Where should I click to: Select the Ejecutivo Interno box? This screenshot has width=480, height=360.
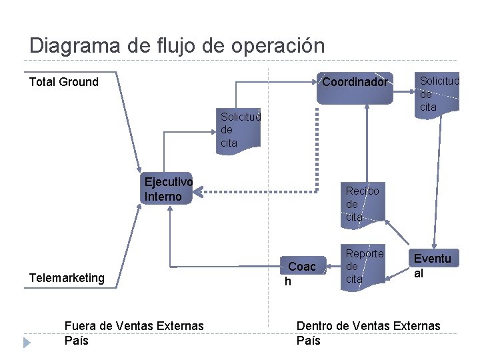(168, 189)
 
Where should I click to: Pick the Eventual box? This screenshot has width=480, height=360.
(432, 265)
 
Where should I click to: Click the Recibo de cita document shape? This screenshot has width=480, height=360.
(362, 203)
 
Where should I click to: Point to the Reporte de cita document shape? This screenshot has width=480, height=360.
(364, 266)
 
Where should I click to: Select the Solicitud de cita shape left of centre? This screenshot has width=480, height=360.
(239, 129)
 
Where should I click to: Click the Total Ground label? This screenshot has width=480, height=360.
(64, 82)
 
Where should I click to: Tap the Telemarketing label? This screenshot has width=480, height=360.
(67, 277)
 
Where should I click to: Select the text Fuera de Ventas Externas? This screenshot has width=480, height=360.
(134, 325)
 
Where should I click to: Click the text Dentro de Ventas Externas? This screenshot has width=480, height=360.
(368, 325)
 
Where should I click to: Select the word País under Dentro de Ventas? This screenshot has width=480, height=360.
(308, 341)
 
